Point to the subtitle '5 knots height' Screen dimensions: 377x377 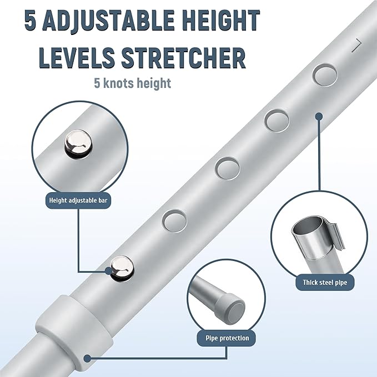(x=132, y=83)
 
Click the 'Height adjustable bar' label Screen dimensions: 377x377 (x=78, y=200)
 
